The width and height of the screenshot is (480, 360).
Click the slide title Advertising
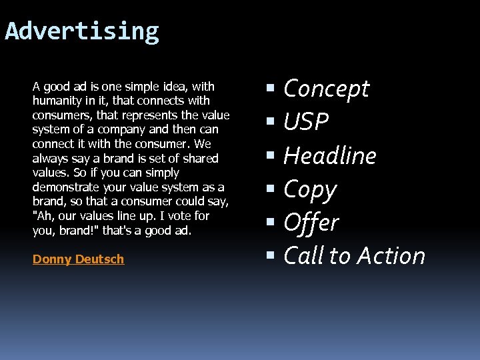pos(82,31)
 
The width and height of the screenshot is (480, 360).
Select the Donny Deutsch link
pos(78,259)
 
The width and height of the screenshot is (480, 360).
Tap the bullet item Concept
pos(326,89)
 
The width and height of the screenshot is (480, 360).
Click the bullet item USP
pos(306,122)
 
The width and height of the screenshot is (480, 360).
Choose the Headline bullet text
pos(330,156)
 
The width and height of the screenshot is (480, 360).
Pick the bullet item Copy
pos(310,190)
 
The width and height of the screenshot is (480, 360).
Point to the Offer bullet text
pos(311,223)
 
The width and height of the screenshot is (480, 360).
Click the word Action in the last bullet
pos(391,256)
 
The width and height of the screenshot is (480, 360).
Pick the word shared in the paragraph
pos(201,159)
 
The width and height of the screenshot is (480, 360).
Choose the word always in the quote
pos(51,159)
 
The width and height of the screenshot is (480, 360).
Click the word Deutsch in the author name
pos(99,259)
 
